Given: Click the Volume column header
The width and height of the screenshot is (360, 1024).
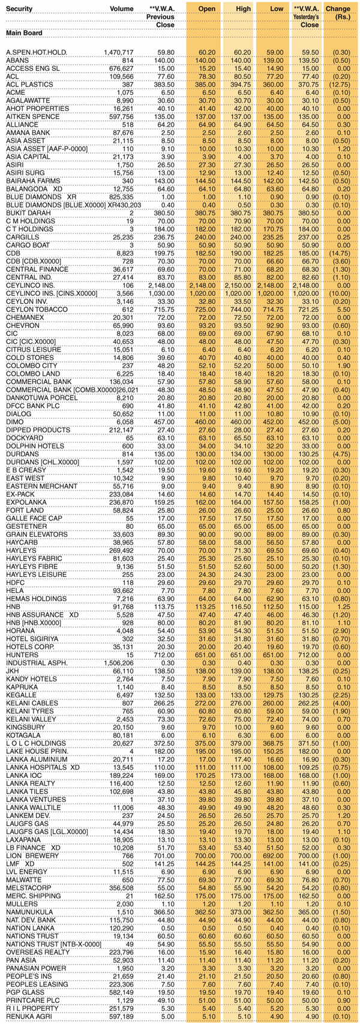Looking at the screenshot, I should [122, 9].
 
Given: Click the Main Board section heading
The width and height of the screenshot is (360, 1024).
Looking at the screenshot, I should [24, 32].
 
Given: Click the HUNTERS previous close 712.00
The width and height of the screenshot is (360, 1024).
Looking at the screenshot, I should [164, 654].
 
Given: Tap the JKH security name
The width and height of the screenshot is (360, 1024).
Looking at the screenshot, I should [13, 670].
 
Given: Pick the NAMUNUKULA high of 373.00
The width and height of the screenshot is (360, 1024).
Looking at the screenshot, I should [239, 911].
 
